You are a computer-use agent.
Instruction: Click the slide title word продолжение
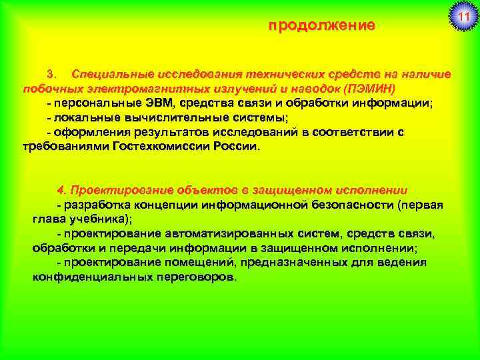coord(322,26)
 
